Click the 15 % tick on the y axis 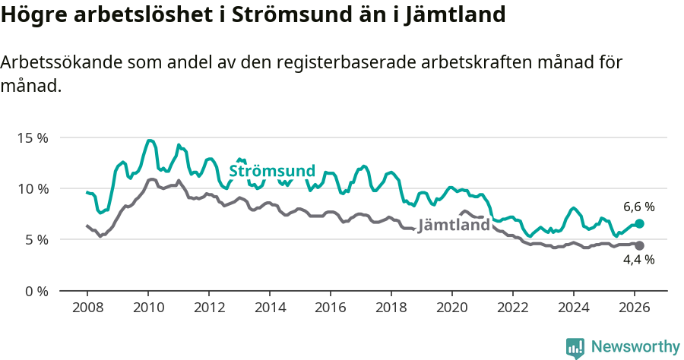(32, 138)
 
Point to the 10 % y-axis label (32, 189)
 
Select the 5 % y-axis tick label (35, 240)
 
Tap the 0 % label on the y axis (35, 291)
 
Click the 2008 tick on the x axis (87, 308)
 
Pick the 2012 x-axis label (209, 308)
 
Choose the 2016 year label (331, 308)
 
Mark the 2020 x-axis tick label (452, 308)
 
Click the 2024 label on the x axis (574, 308)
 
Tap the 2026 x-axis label (635, 308)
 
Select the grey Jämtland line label (454, 226)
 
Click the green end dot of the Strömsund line (639, 223)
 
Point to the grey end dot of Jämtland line (639, 245)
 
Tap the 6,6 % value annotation (638, 207)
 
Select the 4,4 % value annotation (638, 260)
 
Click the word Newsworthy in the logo (635, 347)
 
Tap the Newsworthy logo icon (575, 347)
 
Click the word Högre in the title (32, 15)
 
